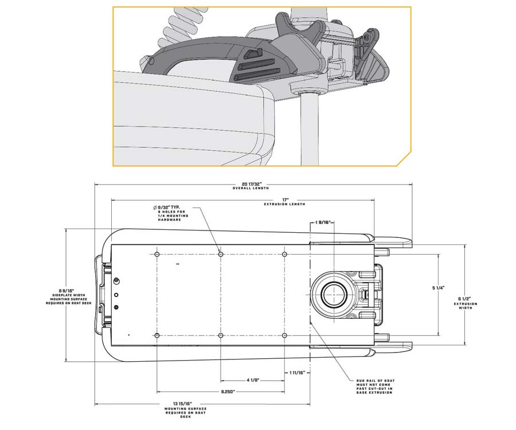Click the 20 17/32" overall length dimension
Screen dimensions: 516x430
[251, 184]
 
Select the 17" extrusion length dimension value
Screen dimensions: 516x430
[285, 200]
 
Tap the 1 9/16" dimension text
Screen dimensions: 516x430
[322, 222]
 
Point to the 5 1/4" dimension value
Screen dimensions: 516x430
[439, 288]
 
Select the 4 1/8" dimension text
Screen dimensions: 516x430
[253, 380]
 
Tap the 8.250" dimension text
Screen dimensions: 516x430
[228, 392]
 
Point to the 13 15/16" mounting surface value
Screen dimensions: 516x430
[182, 404]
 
